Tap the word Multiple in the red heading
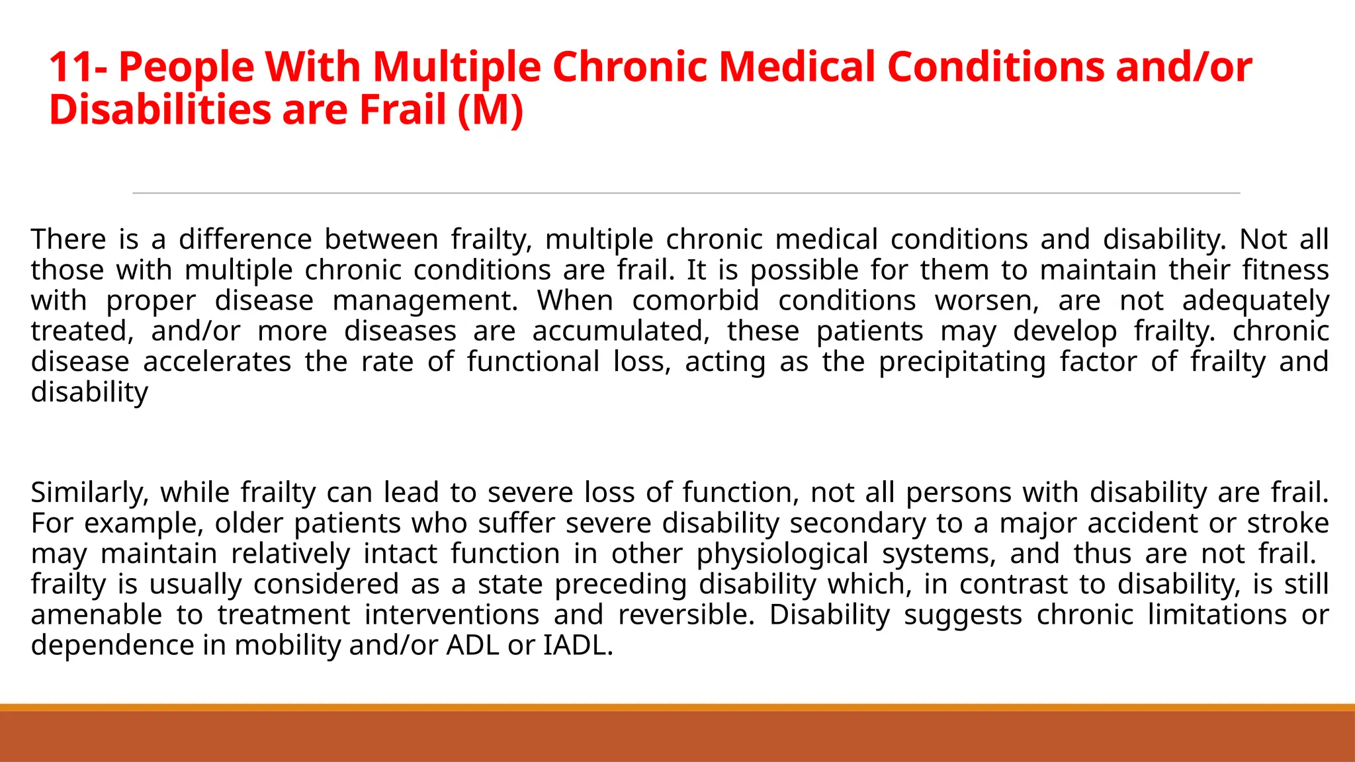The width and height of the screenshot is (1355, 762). tap(456, 67)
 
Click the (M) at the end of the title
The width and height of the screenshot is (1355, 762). tap(490, 110)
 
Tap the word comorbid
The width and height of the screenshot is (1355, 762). tap(695, 300)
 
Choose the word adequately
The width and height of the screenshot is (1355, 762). tap(1255, 300)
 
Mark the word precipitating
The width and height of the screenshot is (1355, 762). tap(962, 361)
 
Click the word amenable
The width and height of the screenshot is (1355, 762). tap(97, 614)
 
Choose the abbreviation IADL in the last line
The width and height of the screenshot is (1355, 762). tap(578, 645)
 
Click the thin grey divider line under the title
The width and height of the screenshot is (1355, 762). tap(686, 193)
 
